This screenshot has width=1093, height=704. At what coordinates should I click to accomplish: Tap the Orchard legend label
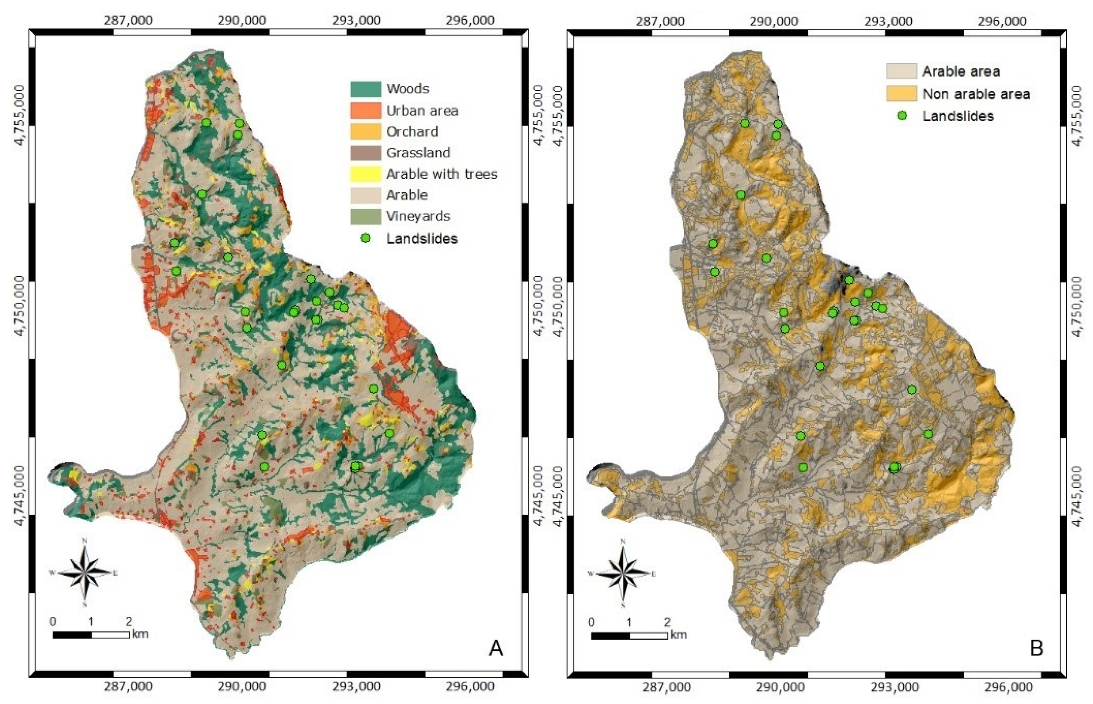click(x=412, y=132)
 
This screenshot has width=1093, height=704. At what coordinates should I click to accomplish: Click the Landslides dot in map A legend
click(x=365, y=238)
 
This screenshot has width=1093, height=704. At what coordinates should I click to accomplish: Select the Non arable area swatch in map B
click(x=901, y=94)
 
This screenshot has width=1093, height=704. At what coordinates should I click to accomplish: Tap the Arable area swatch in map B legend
click(x=901, y=71)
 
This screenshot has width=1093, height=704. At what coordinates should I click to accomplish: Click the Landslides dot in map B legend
click(x=901, y=116)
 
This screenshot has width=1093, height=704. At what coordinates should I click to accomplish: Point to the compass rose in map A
click(x=84, y=572)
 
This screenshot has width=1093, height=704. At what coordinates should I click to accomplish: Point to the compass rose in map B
click(x=623, y=573)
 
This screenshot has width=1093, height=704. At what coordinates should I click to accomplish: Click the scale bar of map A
click(x=91, y=635)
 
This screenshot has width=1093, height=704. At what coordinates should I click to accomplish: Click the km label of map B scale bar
click(x=679, y=635)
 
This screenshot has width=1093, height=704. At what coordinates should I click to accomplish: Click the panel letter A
click(x=496, y=648)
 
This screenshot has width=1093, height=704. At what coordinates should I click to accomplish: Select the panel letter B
click(x=1036, y=648)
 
